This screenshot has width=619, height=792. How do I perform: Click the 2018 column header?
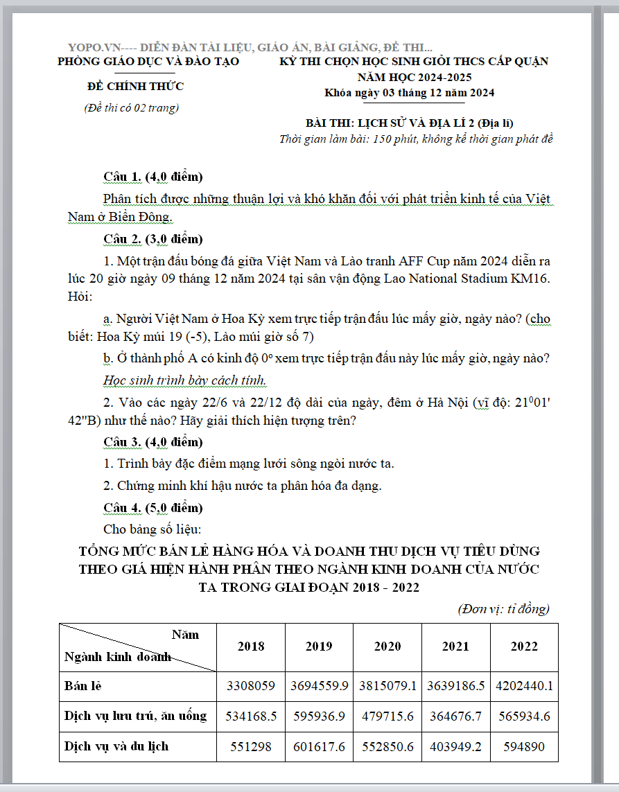[251, 646]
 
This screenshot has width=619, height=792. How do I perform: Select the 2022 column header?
[524, 646]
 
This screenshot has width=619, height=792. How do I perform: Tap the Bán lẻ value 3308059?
[251, 686]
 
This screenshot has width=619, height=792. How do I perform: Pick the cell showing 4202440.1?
[524, 686]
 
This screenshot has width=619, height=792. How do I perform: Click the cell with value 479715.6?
[387, 716]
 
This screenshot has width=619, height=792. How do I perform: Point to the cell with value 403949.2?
[456, 746]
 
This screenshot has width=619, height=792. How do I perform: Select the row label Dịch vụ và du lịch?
[116, 746]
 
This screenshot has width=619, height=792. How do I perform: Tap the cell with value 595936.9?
[319, 716]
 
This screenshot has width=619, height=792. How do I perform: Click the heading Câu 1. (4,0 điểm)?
[152, 177]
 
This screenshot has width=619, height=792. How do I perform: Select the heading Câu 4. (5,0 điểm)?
[152, 508]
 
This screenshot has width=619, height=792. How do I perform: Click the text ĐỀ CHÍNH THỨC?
[136, 87]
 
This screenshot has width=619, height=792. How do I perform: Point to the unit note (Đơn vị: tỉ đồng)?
[503, 609]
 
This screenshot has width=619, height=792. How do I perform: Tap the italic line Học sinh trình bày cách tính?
[184, 380]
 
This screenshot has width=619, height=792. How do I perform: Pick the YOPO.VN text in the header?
[94, 47]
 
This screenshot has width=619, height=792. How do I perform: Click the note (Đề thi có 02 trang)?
[131, 107]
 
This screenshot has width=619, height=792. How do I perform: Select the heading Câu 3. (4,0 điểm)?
[152, 441]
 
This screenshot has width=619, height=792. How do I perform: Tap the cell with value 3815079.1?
[387, 686]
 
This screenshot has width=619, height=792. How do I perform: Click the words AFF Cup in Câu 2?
[424, 261]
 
